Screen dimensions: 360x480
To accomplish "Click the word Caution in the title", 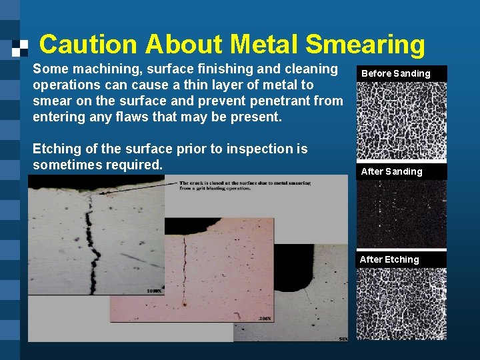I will pos(89,45).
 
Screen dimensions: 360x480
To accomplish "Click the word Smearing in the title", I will pos(365,45).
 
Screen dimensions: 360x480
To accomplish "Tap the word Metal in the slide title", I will pos(263,45).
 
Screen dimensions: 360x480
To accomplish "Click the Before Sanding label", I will pos(396,73).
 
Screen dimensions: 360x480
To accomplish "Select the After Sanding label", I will pos(392,171).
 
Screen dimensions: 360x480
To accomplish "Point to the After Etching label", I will pos(389,259).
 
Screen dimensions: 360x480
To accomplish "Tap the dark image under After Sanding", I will pos(401,214).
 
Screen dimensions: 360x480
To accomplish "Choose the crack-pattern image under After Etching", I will pos(401,303).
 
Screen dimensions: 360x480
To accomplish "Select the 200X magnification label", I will pos(264,319).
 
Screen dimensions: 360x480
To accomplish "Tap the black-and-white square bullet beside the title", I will pos(21,47).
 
